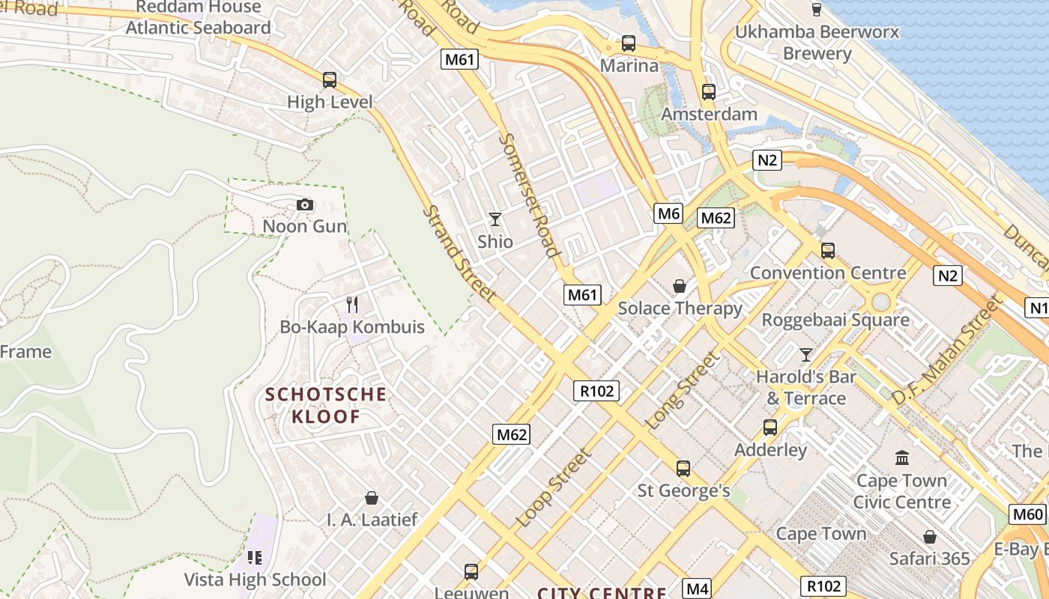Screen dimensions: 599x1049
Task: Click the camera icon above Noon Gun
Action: (305, 204)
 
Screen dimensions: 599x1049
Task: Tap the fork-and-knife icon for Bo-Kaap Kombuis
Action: (352, 305)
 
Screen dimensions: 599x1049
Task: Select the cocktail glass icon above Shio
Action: (495, 219)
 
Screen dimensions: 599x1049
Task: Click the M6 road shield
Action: (668, 213)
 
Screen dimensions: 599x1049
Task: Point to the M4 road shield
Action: (698, 589)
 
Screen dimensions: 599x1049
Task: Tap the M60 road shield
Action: (1027, 514)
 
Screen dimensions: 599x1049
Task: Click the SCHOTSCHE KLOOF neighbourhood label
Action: (326, 405)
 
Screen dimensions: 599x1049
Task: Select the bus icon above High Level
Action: (329, 80)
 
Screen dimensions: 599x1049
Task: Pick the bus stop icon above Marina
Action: (629, 43)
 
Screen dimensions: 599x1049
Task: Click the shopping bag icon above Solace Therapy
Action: (680, 286)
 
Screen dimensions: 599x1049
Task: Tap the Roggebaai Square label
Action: (835, 320)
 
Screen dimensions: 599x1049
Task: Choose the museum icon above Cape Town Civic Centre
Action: (902, 457)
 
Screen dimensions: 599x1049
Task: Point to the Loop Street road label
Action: (554, 487)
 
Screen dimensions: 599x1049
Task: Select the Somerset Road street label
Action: (530, 195)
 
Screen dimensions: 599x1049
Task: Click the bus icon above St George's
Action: (683, 469)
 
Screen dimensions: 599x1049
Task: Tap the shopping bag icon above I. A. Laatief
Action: (371, 498)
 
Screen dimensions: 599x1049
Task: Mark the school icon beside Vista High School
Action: (255, 558)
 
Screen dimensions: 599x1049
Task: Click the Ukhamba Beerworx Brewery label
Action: (817, 43)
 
